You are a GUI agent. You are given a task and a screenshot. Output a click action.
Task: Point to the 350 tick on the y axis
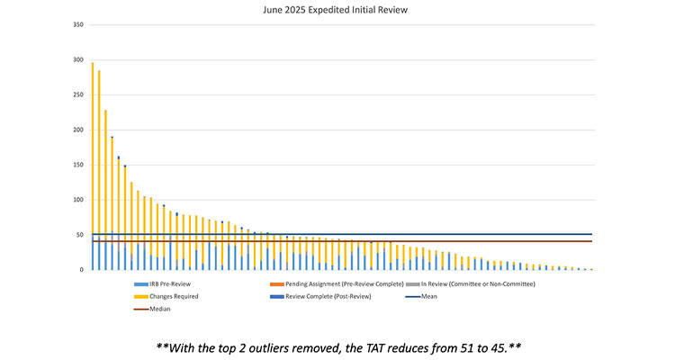pos(78,25)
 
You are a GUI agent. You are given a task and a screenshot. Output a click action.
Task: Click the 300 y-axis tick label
pos(78,60)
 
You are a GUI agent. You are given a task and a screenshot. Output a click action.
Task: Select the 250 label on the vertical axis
pos(78,95)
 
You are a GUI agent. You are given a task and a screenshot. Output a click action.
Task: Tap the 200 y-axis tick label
pos(78,130)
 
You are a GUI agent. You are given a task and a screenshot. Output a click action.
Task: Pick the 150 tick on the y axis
pos(78,165)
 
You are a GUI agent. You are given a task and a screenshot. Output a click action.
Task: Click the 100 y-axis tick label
pos(78,200)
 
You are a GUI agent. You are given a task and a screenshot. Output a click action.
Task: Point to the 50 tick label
pos(80,235)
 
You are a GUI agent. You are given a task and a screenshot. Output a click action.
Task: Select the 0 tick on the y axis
pos(82,270)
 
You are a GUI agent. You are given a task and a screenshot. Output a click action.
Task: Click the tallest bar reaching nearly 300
pos(93,166)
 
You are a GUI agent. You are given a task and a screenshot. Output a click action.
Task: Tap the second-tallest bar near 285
pos(99,171)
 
